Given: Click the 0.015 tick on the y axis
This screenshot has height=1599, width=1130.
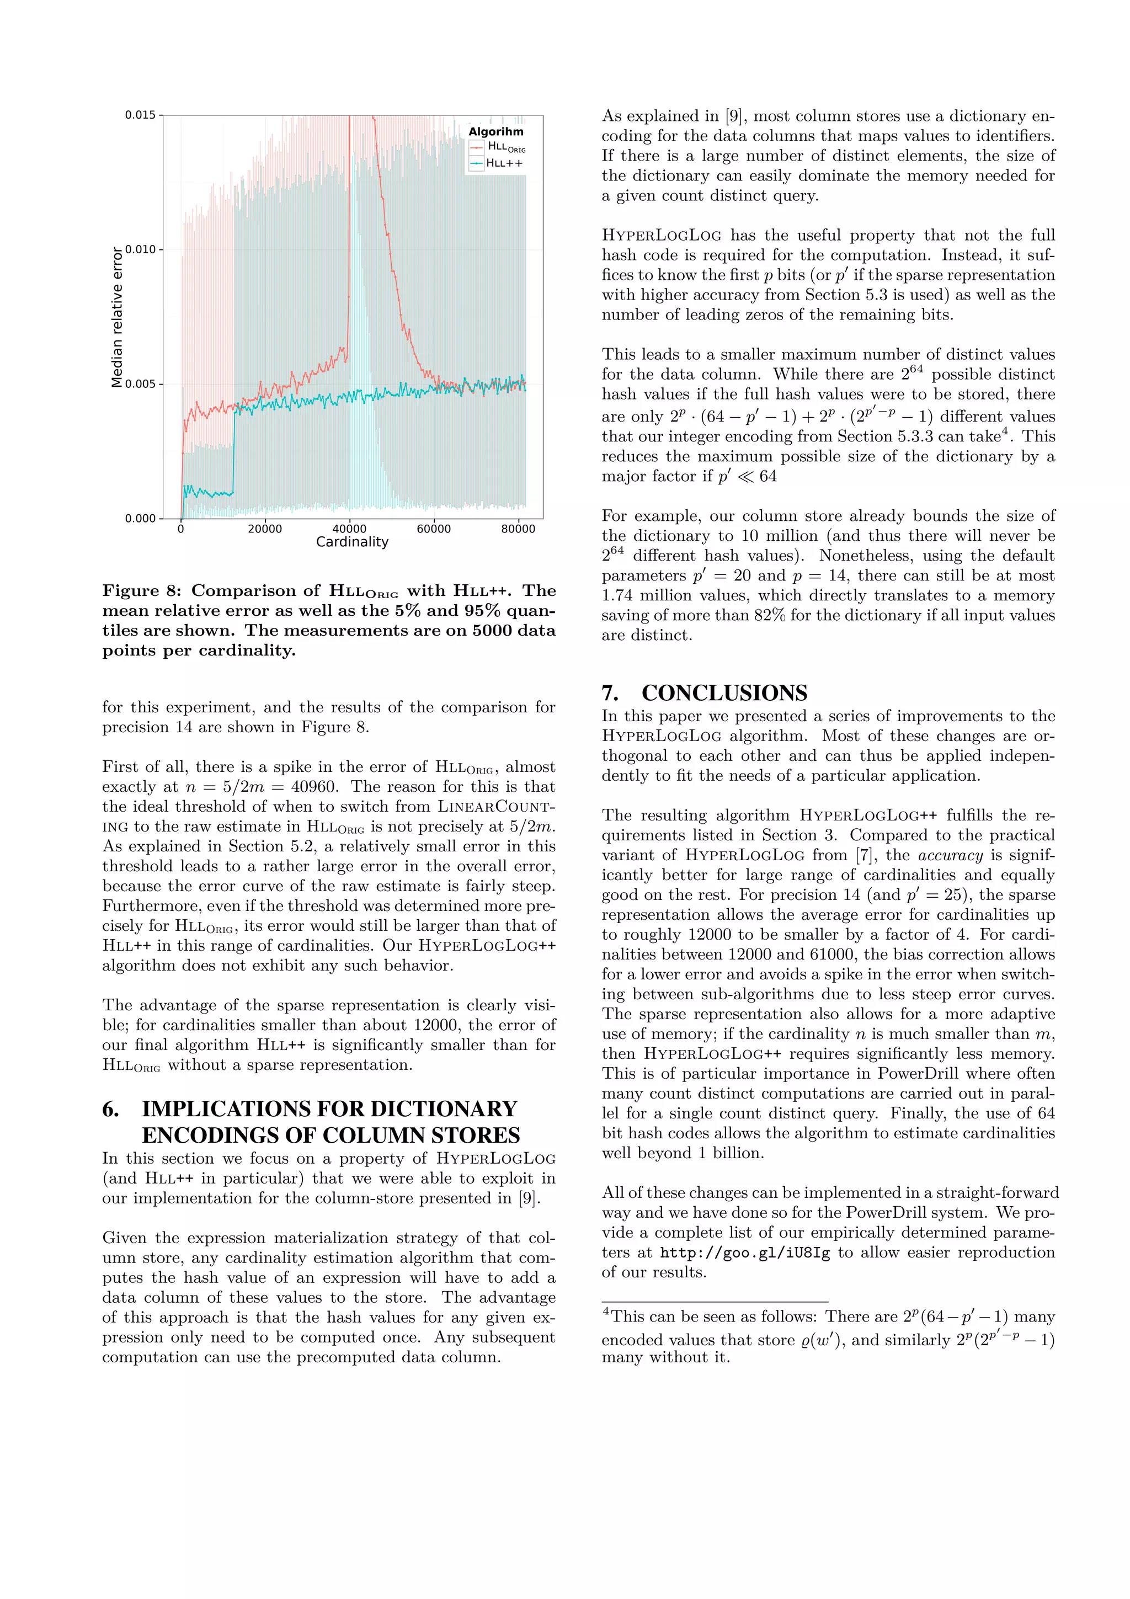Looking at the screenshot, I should [140, 115].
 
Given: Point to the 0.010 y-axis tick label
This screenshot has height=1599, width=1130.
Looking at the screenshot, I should [140, 249].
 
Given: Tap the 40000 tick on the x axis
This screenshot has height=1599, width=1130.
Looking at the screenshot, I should [349, 529].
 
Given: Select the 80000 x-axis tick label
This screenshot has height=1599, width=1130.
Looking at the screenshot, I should [518, 529].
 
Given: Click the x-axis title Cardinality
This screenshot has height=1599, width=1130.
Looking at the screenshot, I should [353, 542].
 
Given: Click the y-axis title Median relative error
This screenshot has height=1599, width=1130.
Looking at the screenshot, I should [117, 316].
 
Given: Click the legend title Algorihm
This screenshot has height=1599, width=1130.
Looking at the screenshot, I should [495, 132].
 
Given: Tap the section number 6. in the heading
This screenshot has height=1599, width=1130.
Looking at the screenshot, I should [111, 1108].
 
